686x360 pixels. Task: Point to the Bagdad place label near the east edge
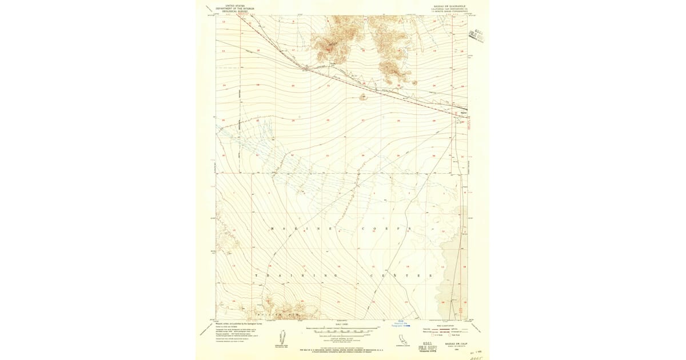[x=464, y=112]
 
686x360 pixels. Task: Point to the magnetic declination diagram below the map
[x=281, y=338]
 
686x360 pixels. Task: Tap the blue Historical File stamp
[x=402, y=323]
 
